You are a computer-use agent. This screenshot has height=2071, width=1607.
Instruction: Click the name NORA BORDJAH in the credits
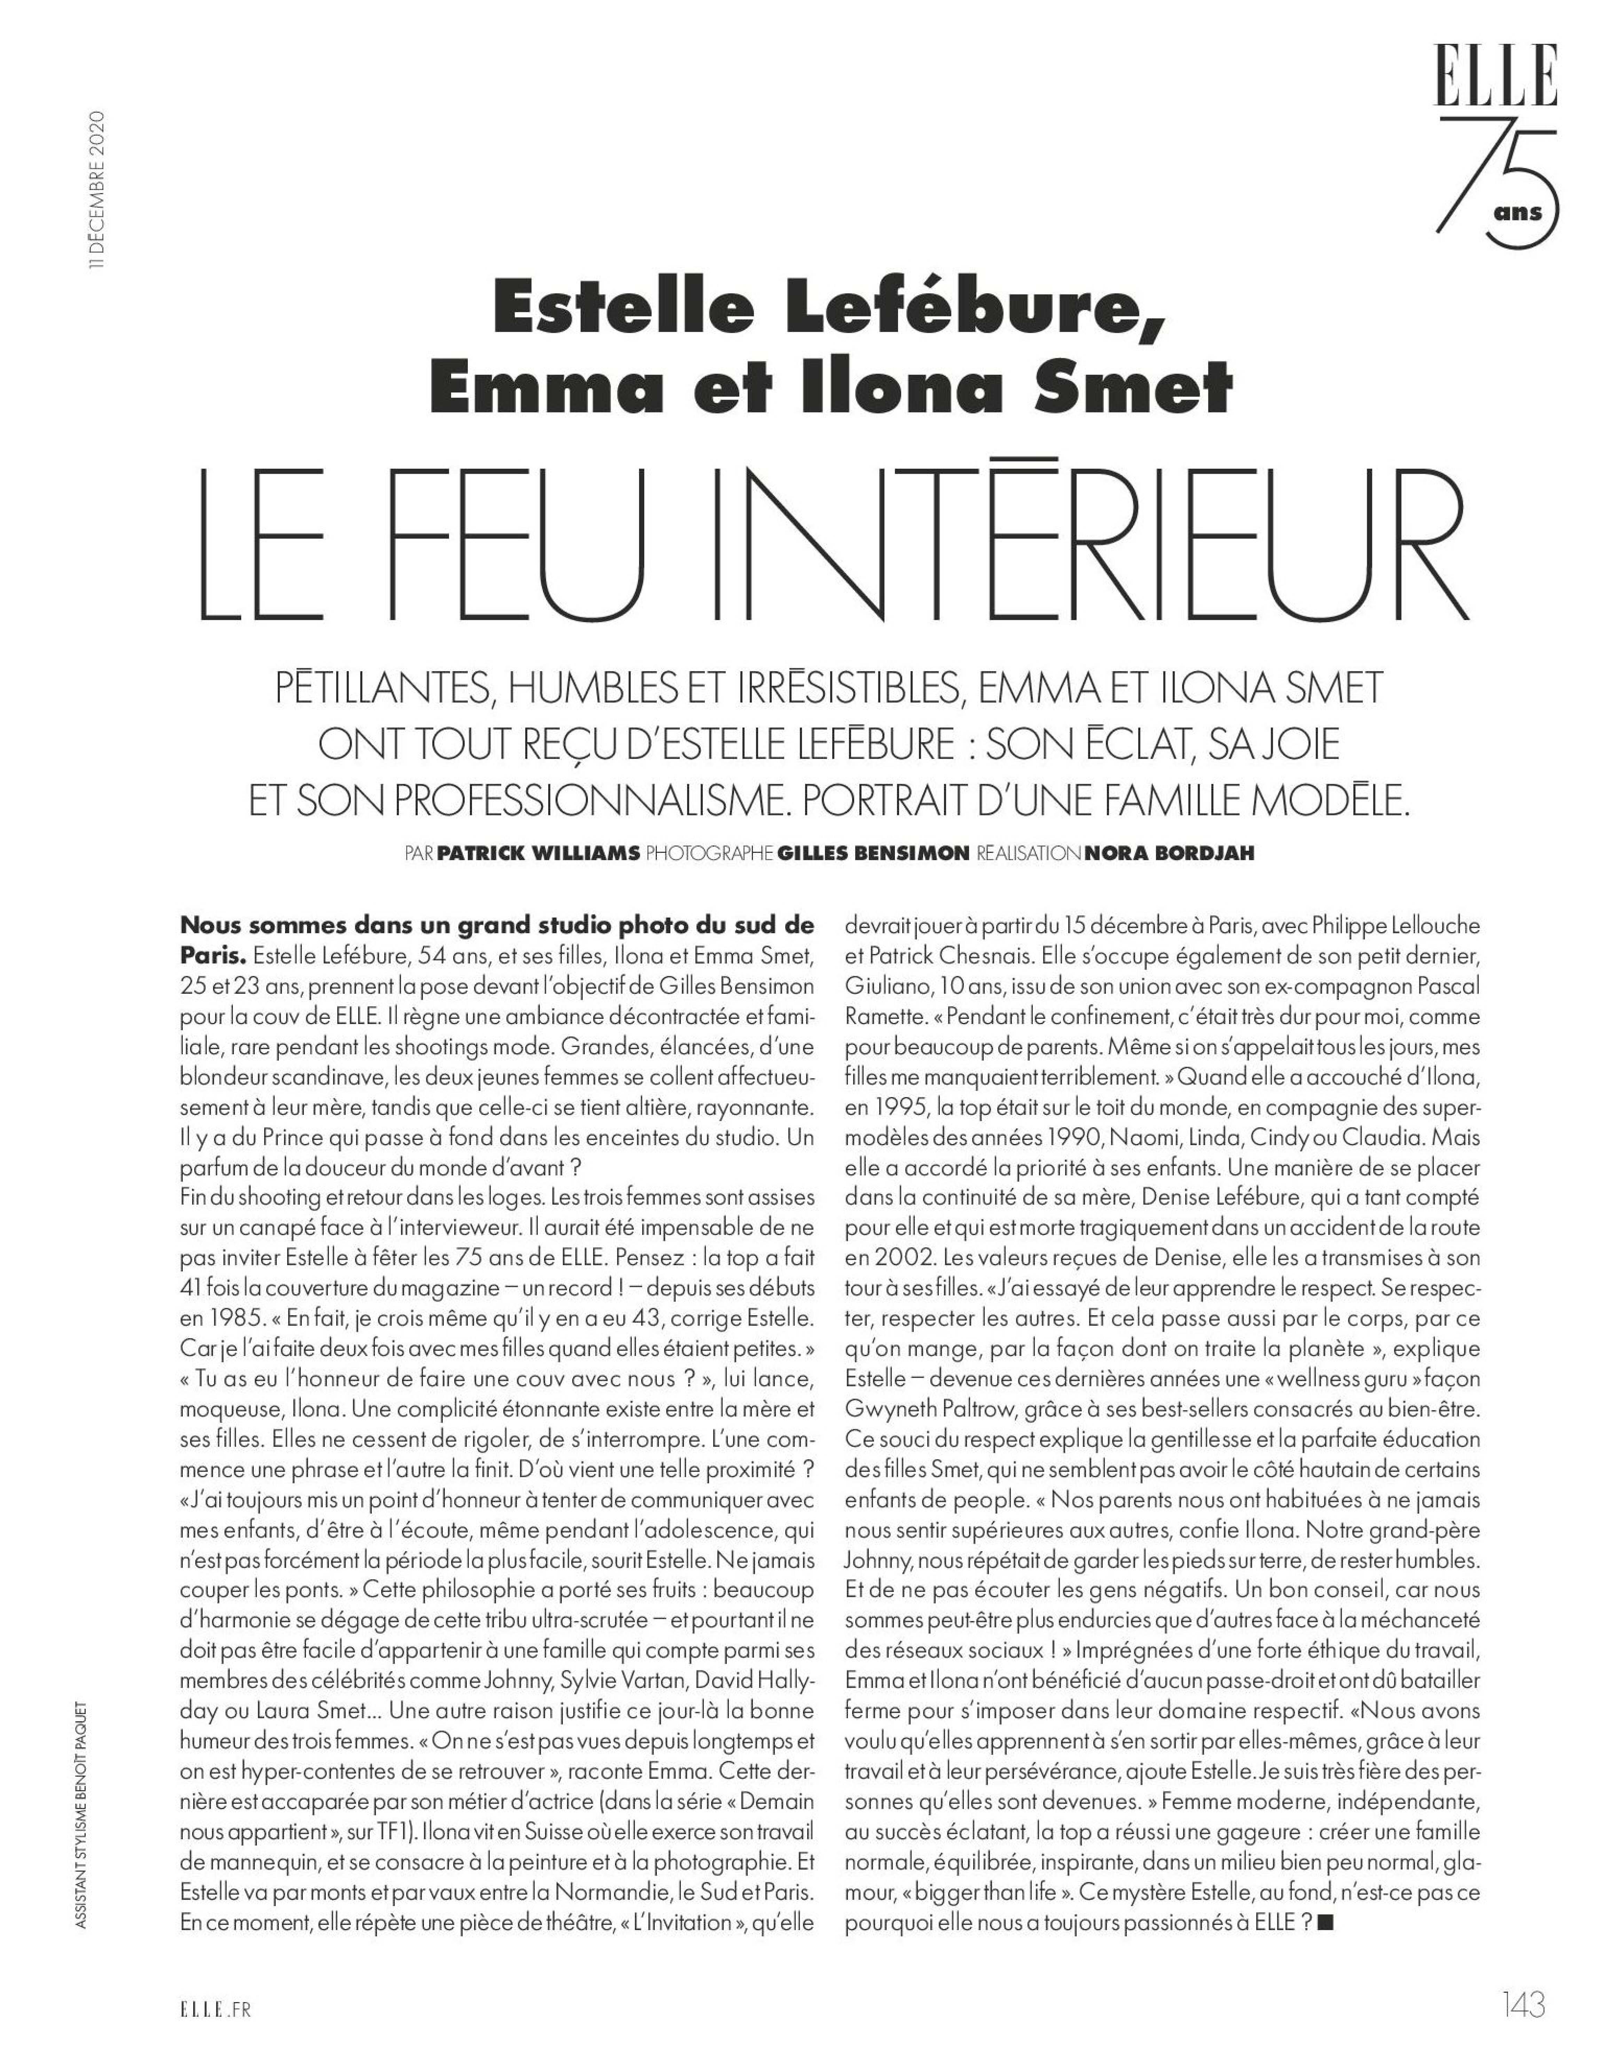[1168, 853]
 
